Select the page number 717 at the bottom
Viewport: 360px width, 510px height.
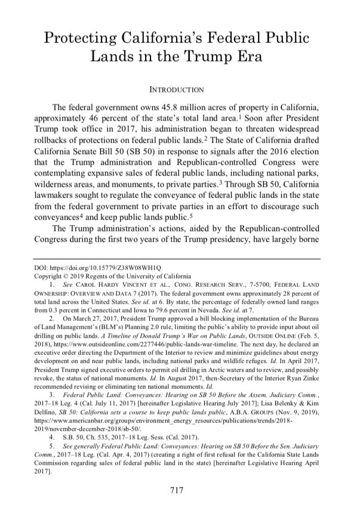[x=180, y=490]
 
